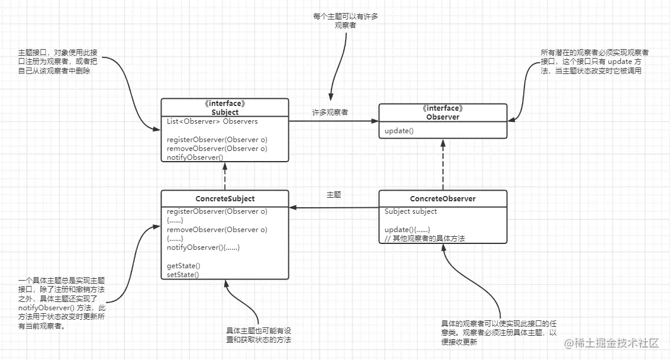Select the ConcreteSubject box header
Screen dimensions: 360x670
pyautogui.click(x=225, y=198)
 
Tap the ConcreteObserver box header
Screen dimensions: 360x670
pyautogui.click(x=443, y=198)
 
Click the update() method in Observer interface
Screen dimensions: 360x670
pyautogui.click(x=397, y=131)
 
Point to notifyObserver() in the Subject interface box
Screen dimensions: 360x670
pyautogui.click(x=195, y=157)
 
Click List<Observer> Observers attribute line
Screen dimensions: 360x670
pyautogui.click(x=212, y=121)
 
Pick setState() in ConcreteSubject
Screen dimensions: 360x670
pyautogui.click(x=183, y=275)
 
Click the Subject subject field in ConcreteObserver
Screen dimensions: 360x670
pyautogui.click(x=411, y=211)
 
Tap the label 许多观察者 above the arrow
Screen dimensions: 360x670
pyautogui.click(x=330, y=112)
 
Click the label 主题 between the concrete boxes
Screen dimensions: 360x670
pyautogui.click(x=333, y=194)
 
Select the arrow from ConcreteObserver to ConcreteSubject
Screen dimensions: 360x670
pyautogui.click(x=334, y=208)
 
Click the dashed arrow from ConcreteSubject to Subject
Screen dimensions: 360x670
pyautogui.click(x=225, y=176)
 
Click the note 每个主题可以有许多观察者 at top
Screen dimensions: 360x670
pyautogui.click(x=345, y=21)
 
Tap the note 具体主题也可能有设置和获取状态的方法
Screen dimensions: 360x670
pyautogui.click(x=259, y=335)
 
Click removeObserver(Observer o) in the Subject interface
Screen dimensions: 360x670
pyautogui.click(x=217, y=148)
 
